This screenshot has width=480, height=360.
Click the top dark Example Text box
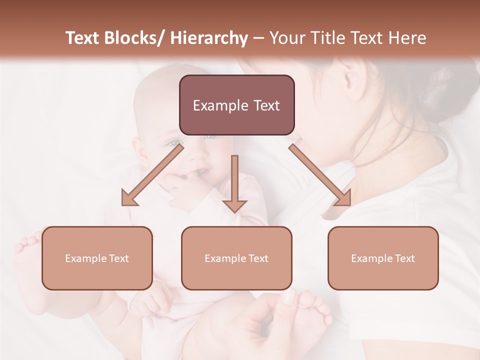tap(236, 105)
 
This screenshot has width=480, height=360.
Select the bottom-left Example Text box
tap(97, 258)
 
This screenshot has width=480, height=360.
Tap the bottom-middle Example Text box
tap(236, 258)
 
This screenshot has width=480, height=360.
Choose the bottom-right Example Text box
tap(383, 258)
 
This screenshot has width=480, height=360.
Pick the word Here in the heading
tap(408, 38)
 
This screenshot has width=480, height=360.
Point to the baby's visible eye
tap(174, 143)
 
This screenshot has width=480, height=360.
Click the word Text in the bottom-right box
tap(404, 258)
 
